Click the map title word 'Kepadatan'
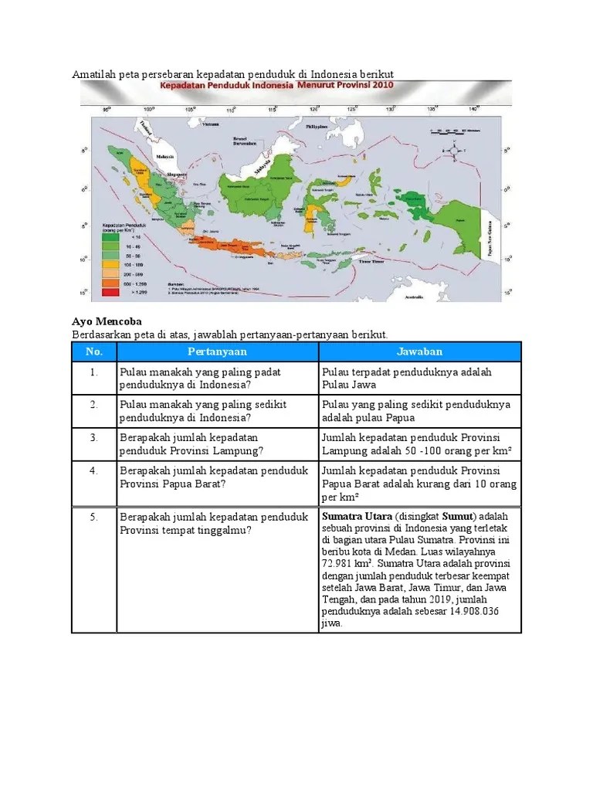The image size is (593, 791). (184, 87)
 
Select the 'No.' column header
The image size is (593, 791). (93, 351)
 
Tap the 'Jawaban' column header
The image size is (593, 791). (420, 351)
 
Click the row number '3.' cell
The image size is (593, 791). (93, 438)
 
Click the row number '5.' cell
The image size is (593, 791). (93, 517)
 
